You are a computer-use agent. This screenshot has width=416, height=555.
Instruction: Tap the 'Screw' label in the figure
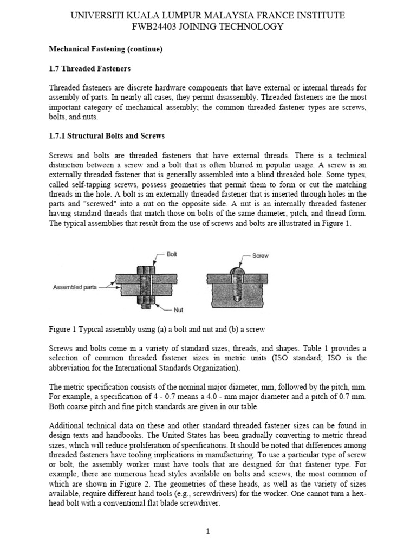(x=261, y=256)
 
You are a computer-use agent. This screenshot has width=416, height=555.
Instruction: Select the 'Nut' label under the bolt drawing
(x=178, y=311)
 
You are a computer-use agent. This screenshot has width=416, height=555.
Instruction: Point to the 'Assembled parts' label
(x=75, y=287)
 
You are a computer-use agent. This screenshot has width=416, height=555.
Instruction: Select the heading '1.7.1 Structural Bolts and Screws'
(x=107, y=135)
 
